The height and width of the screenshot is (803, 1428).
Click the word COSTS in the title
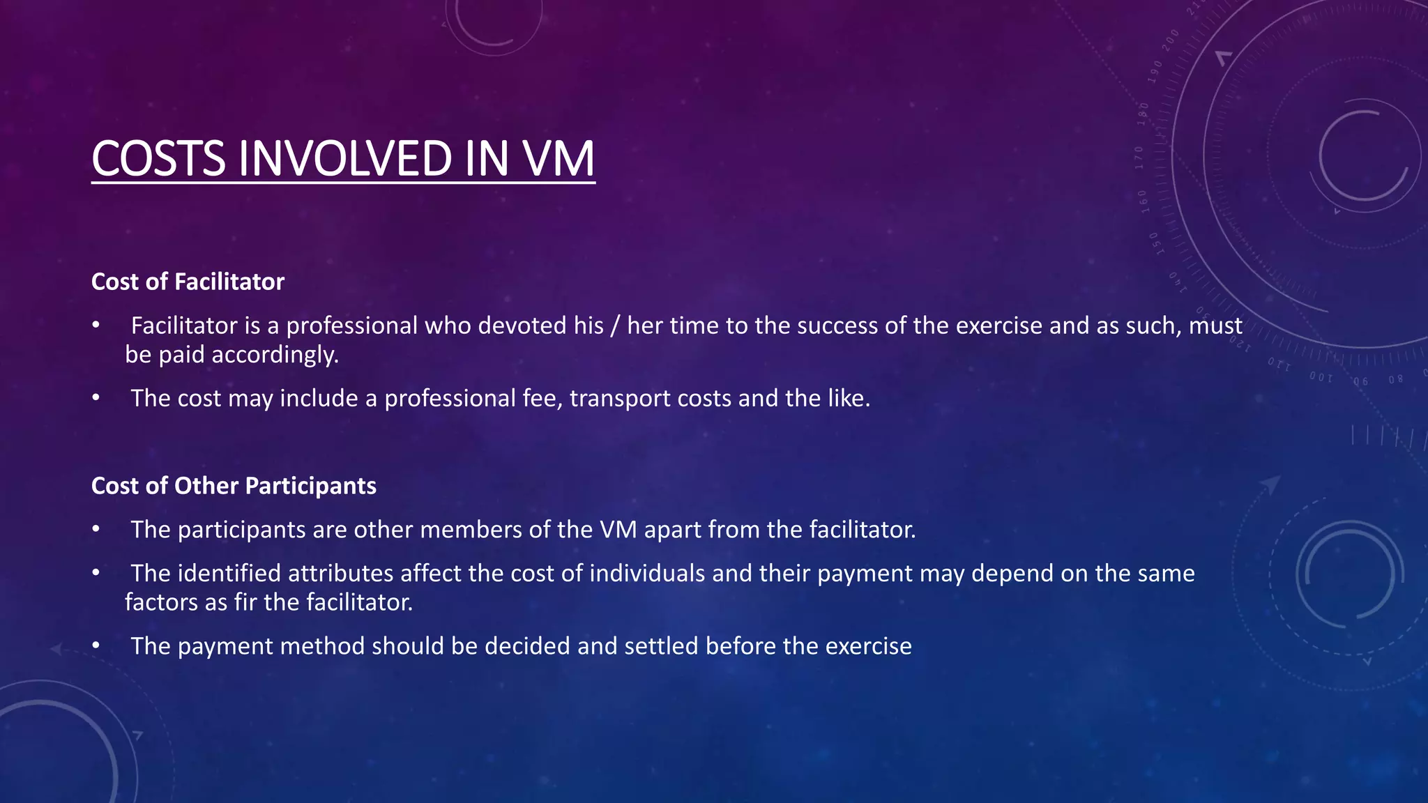pos(158,158)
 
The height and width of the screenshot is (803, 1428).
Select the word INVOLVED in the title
pos(347,158)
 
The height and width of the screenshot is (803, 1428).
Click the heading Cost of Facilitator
pos(188,282)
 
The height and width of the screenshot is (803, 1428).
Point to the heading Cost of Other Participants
pos(234,486)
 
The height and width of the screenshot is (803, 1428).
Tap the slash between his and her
pos(614,326)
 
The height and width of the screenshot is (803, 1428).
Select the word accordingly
pos(275,355)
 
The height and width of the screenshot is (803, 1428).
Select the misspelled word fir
pos(245,602)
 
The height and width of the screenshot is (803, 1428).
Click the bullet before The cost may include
pos(96,399)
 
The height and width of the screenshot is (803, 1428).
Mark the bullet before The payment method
pos(96,646)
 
